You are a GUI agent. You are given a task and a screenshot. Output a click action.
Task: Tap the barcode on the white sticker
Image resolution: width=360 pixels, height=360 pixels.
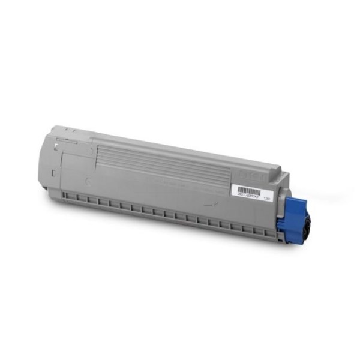249,190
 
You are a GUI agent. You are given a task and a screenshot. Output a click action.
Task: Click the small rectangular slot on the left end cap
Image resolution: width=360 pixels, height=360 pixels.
53,173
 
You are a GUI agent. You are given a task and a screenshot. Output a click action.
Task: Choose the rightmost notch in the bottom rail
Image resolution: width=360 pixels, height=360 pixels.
258,230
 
